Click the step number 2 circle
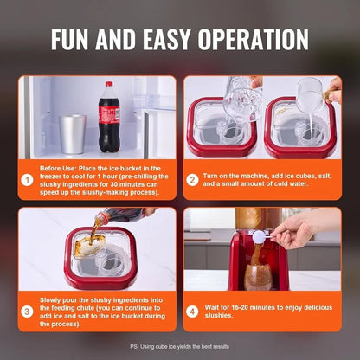pyautogui.click(x=192, y=180)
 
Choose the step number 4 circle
pyautogui.click(x=192, y=311)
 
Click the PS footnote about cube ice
pyautogui.click(x=179, y=346)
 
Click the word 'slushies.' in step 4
pyautogui.click(x=221, y=316)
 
